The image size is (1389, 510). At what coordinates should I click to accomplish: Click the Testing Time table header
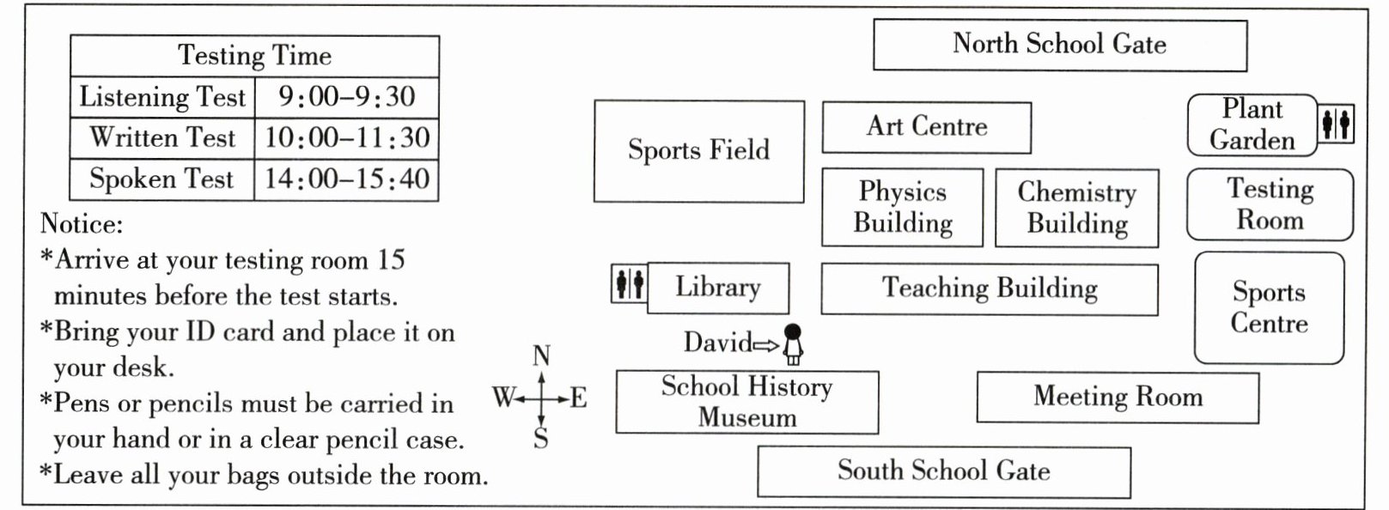pos(255,56)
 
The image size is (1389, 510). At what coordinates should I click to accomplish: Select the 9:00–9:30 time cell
pos(347,97)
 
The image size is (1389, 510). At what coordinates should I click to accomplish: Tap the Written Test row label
pos(162,137)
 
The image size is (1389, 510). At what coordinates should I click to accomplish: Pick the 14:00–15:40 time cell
pos(347,179)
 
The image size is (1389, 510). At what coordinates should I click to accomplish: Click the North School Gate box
pos(1060,45)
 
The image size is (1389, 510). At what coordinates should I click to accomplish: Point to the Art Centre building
pos(927,127)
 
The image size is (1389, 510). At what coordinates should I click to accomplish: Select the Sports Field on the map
pos(699,151)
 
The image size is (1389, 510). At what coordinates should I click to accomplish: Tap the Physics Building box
pos(902,207)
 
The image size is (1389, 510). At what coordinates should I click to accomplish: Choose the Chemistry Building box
pos(1077,209)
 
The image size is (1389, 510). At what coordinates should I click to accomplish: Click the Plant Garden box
pos(1252,124)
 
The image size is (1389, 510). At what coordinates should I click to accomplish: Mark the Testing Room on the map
pos(1270,204)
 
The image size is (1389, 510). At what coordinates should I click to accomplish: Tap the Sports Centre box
pos(1270,307)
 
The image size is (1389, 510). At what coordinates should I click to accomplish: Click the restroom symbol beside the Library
pos(630,284)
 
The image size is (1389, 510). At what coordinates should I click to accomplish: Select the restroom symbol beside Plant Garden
pos(1336,124)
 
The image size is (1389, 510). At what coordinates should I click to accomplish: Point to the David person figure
pos(793,344)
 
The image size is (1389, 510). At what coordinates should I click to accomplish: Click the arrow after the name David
pos(766,345)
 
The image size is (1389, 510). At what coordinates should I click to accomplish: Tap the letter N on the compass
pos(541,355)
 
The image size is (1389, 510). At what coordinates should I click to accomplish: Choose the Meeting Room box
pos(1118,398)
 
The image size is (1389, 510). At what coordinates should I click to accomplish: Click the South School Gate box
pos(944,471)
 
